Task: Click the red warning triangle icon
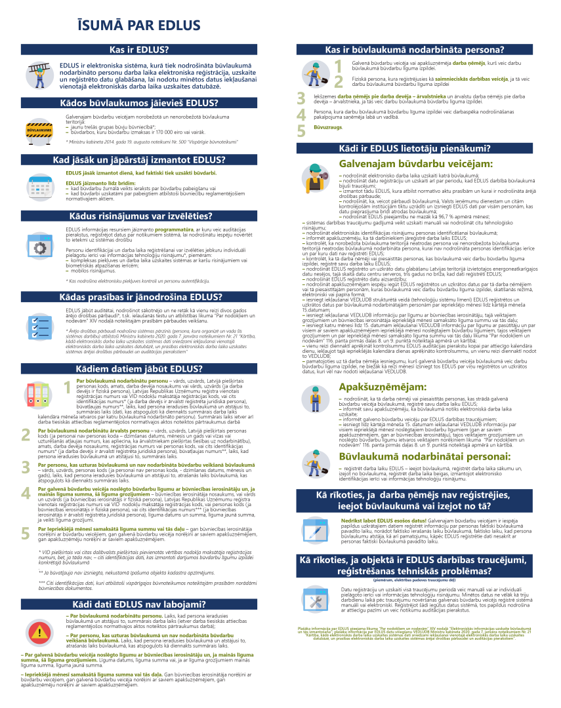(40, 631)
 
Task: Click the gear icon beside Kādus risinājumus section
(39, 247)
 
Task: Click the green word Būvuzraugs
(328, 127)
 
